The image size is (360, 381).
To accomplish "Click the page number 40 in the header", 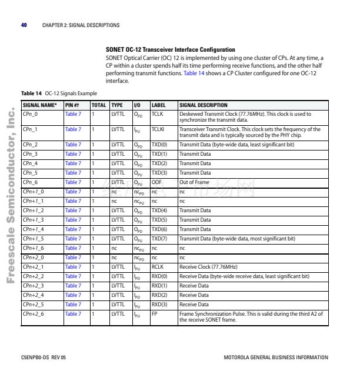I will [24, 25].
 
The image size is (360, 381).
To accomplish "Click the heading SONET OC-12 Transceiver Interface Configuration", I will [170, 50].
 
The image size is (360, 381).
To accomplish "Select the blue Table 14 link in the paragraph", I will [194, 73].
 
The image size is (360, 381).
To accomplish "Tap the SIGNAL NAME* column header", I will [39, 105].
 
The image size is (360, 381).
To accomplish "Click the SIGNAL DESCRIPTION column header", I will [203, 105].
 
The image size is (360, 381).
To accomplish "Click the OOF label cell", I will [156, 182].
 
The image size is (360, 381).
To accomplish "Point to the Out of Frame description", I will [194, 182].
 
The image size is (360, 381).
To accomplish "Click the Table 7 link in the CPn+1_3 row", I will [73, 220].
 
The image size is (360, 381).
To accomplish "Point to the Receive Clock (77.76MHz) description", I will [208, 267].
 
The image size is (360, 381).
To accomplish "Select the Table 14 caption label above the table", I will [31, 93].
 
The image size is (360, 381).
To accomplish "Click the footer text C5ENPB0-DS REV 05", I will [44, 357].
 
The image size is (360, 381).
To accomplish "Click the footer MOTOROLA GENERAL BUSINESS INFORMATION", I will [276, 357].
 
